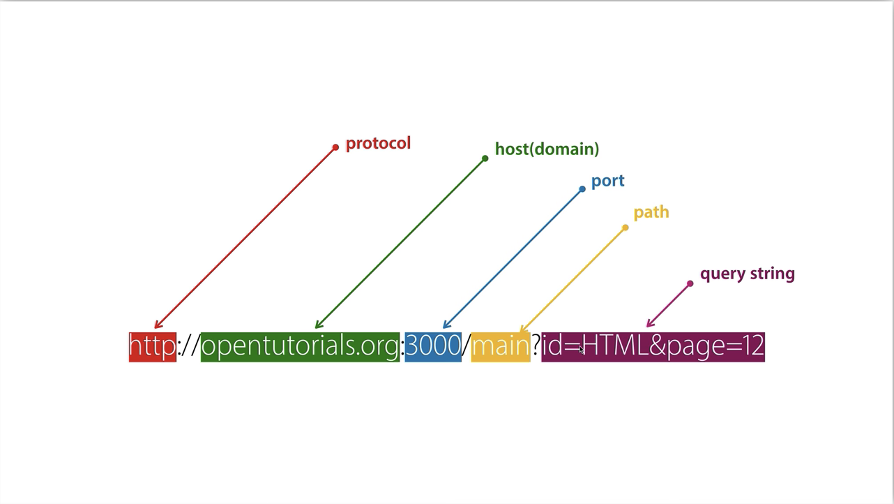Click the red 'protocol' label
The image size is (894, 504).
coord(378,143)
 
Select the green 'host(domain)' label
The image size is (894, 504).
coord(547,149)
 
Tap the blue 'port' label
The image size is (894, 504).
coord(607,181)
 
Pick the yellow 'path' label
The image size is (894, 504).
coord(651,212)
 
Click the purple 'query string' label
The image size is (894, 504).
coord(747,274)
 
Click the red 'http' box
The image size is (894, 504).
coord(152,346)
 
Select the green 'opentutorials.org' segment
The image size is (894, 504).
coord(300,346)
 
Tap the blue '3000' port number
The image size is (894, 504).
coord(433,346)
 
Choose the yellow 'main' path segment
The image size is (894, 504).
coord(500,346)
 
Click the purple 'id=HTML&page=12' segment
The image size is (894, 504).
coord(653,346)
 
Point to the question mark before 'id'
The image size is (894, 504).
coord(536,346)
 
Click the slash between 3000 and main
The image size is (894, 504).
coord(467,346)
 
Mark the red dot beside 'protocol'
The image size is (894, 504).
coord(335,147)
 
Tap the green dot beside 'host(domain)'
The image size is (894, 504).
coord(485,158)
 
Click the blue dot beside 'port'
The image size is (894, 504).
coord(582,189)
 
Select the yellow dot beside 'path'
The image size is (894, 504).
coord(626,228)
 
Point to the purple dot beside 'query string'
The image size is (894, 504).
coord(690,283)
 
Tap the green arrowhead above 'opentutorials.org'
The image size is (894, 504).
coord(318,325)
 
